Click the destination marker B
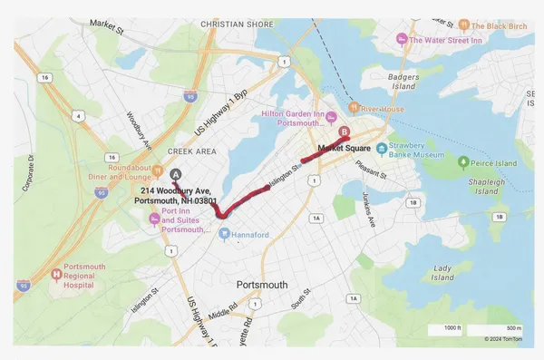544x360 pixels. point(343,131)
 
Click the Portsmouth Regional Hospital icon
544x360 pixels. point(56,275)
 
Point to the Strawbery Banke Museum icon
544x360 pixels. point(382,148)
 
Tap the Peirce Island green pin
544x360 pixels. point(463,162)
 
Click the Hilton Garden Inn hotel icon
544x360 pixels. point(331,115)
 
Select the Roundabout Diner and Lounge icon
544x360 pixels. point(157,168)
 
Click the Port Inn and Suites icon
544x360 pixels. point(153,217)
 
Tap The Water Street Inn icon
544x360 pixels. point(403,40)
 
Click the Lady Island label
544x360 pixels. point(442,273)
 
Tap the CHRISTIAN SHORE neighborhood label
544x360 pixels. point(236,24)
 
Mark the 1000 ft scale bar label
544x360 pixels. point(452,327)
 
